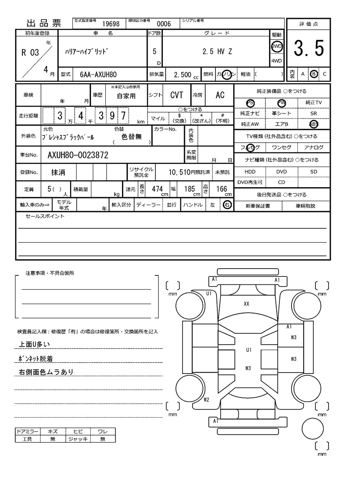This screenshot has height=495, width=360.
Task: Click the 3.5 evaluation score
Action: click(309, 49)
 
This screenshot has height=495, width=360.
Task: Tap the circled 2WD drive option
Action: click(276, 46)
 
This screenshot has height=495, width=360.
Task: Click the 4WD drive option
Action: click(276, 61)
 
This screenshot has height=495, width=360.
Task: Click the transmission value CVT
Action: click(176, 95)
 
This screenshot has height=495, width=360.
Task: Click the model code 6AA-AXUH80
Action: click(99, 74)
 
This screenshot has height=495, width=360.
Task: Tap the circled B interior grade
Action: click(314, 74)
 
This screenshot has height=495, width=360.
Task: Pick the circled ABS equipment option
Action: click(314, 124)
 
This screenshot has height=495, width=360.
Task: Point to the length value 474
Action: click(157, 189)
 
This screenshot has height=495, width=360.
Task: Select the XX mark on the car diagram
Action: click(247, 304)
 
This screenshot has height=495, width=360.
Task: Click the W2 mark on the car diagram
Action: click(206, 399)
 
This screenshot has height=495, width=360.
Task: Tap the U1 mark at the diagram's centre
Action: click(248, 350)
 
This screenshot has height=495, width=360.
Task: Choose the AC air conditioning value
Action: click(220, 95)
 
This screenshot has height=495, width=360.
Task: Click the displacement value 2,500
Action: click(183, 74)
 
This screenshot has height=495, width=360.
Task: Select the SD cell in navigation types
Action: click(314, 172)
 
